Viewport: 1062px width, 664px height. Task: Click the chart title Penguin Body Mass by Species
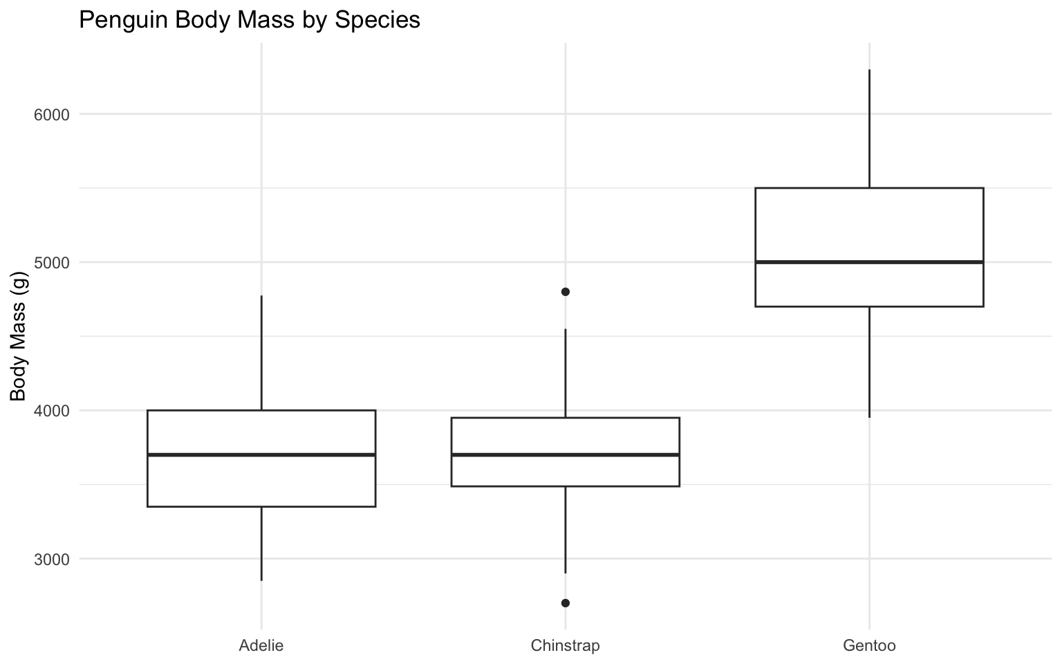250,19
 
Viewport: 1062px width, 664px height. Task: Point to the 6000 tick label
52,114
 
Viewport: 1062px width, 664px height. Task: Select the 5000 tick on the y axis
52,263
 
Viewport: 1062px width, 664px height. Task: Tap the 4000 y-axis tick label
52,411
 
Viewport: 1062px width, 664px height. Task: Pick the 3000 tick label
52,559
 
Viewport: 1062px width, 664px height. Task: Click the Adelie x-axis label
261,646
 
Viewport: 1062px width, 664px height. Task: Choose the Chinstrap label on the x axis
565,646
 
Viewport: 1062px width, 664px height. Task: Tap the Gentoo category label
869,646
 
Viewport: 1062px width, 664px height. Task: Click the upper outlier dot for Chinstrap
565,292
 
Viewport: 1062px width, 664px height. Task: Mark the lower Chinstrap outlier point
565,603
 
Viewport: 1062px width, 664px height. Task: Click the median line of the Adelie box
261,454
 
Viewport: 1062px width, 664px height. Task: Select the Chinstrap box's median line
565,454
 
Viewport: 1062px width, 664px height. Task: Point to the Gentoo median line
869,262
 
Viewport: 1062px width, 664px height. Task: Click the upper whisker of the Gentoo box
869,128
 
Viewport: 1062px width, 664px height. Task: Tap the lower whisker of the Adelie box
261,544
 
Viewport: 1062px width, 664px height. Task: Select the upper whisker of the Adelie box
261,353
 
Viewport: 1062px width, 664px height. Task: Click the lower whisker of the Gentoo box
869,362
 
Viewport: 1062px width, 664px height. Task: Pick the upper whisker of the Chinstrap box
565,373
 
